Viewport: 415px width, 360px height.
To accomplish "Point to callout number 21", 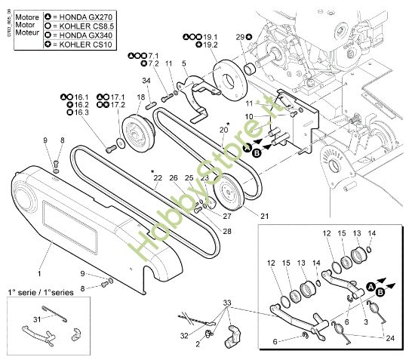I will pyautogui.click(x=264, y=217).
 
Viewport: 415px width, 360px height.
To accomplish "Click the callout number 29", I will pyautogui.click(x=239, y=37).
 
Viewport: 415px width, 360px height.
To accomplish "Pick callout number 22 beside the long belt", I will pyautogui.click(x=158, y=178).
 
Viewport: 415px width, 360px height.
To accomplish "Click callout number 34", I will pyautogui.click(x=146, y=81).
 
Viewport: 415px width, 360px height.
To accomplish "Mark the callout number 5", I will pyautogui.click(x=183, y=63).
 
